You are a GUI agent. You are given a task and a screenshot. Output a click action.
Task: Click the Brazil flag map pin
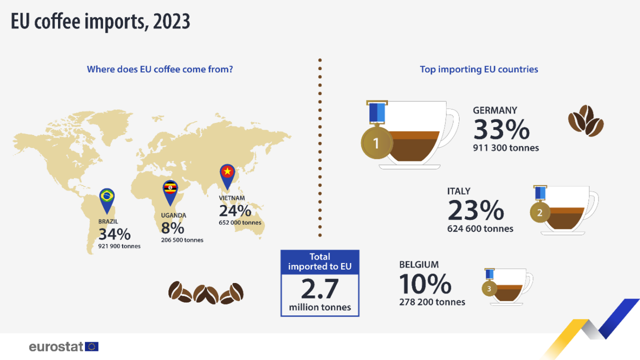[106, 197]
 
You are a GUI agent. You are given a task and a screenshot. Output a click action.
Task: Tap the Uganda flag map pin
[170, 190]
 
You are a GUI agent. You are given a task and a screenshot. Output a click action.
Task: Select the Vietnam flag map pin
[227, 174]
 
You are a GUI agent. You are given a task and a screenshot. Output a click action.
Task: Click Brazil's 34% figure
[114, 234]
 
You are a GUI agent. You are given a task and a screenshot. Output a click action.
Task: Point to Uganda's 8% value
[172, 228]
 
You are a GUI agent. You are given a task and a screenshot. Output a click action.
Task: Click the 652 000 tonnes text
[240, 222]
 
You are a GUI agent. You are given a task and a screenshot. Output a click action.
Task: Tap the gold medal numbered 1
[376, 143]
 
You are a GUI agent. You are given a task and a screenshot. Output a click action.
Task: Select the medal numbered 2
[539, 213]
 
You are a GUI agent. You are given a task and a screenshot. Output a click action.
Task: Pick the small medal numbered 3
[489, 288]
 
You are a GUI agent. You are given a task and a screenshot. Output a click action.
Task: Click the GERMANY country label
[495, 110]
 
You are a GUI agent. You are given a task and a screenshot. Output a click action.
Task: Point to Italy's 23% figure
[475, 210]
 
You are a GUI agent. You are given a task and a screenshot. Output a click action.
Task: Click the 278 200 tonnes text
[432, 302]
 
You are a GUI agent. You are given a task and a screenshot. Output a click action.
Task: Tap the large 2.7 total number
[319, 289]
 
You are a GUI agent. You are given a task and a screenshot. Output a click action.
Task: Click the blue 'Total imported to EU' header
[319, 262]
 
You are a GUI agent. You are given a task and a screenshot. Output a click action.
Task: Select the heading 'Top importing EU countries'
[479, 69]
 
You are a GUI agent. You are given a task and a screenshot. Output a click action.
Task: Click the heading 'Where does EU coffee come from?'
[160, 69]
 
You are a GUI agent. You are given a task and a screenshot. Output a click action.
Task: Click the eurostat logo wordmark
[56, 346]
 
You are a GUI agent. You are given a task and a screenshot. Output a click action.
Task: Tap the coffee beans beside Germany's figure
[585, 120]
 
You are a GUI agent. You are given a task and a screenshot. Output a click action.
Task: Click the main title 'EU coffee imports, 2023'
[100, 22]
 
